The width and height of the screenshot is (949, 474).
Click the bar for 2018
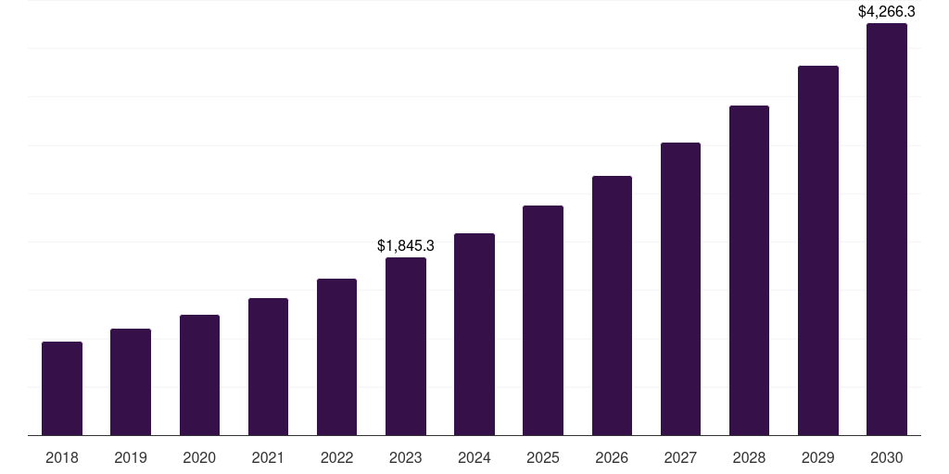tap(62, 389)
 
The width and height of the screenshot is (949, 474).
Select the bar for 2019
tap(131, 382)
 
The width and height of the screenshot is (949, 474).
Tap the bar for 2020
tap(199, 375)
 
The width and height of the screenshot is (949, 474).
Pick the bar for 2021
tap(268, 367)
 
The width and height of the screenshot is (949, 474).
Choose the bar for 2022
tap(336, 357)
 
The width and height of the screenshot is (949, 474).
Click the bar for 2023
tap(406, 346)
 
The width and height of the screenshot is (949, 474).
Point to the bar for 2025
tap(543, 320)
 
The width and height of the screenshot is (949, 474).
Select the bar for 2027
tap(680, 289)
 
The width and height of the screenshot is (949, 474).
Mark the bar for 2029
tap(817, 251)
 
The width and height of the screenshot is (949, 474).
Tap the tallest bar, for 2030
tap(886, 230)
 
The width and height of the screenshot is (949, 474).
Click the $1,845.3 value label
tap(406, 246)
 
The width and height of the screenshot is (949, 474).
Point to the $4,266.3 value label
tap(886, 12)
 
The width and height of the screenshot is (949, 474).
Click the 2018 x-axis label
tap(62, 457)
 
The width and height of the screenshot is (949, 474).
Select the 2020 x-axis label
tap(199, 457)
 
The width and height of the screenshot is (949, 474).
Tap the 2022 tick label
tap(336, 457)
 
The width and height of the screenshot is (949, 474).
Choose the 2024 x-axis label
tap(474, 457)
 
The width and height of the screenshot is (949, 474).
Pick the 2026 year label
tap(612, 457)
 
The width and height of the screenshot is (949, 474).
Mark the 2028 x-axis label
tap(749, 457)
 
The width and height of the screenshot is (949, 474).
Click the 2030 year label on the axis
tap(886, 457)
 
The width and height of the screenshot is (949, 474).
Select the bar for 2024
tap(474, 334)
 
